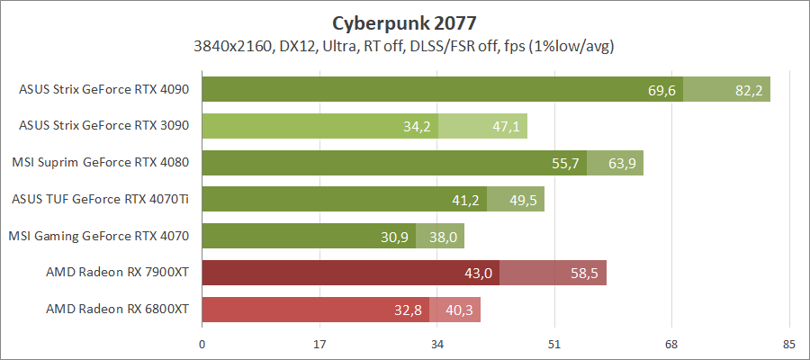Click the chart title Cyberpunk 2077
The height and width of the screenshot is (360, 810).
pos(405,22)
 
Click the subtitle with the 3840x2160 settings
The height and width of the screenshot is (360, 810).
pos(405,45)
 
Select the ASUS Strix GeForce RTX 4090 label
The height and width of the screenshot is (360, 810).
pos(104,89)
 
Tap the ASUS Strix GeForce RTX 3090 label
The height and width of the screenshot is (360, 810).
pos(104,126)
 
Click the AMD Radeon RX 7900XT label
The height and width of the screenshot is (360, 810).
pos(118,273)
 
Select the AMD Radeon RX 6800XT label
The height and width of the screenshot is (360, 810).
pos(118,310)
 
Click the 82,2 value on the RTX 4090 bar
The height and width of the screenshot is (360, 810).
pos(749,90)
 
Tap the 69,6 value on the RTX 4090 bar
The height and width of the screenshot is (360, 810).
pos(661,90)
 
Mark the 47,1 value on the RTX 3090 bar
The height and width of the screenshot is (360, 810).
pos(507,127)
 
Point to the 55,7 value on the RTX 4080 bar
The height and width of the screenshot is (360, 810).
pos(566,164)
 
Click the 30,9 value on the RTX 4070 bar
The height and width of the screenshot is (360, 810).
pos(395,238)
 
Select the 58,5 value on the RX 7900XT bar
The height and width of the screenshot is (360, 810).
pos(586,274)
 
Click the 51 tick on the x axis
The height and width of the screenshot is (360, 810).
pos(554,343)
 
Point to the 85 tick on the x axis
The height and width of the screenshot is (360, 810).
pos(789,343)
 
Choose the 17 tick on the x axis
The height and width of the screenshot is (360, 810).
pos(319,343)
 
